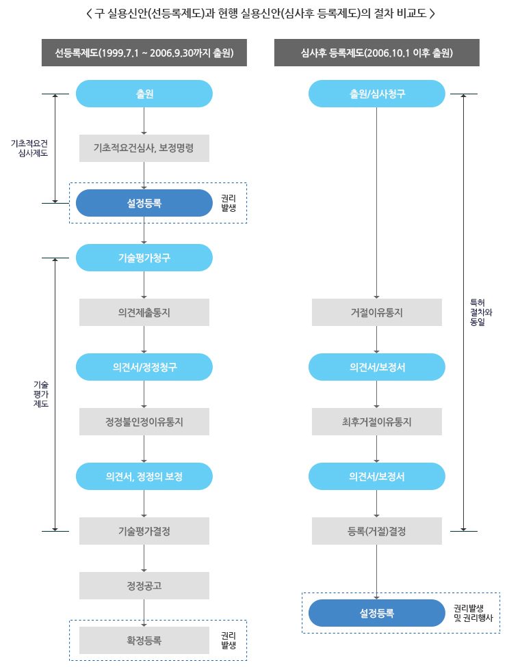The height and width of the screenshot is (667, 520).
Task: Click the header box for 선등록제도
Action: pos(144,53)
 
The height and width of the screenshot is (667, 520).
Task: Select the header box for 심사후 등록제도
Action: pos(376,53)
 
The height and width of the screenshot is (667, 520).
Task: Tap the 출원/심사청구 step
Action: pos(376,94)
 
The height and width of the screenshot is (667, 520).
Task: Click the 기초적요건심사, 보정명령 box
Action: pos(144,148)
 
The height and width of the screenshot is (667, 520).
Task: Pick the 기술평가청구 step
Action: pos(144,258)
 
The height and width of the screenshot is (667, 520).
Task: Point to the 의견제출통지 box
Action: pos(144,312)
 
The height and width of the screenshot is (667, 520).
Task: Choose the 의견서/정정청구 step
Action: pos(144,367)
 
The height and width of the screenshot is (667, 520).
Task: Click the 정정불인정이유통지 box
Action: pos(144,422)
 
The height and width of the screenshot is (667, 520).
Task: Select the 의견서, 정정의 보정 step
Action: pos(144,476)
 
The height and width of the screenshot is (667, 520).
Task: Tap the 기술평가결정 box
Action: pos(144,531)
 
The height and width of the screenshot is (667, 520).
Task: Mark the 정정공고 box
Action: pos(144,586)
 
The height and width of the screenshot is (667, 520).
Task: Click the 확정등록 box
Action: pos(144,640)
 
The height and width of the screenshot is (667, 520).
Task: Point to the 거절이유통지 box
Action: pos(376,312)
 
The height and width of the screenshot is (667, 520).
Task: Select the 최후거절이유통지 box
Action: pos(376,422)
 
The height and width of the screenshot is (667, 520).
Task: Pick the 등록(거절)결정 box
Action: pos(376,531)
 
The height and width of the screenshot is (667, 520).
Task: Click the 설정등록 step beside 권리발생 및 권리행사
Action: pos(376,613)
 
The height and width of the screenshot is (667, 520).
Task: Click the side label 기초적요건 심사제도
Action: pos(29,148)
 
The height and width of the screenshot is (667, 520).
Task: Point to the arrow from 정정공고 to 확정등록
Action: pos(144,613)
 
